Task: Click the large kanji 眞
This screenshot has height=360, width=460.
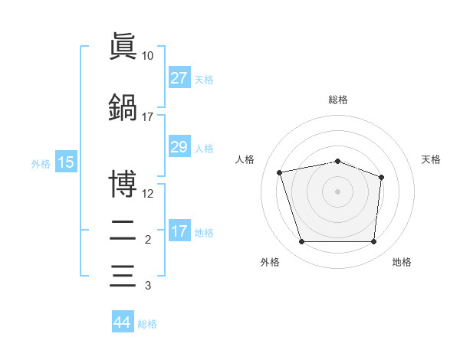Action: pos(123,46)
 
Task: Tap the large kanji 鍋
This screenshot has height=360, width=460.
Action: pos(123,107)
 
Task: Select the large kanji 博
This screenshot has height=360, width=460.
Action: pos(123,184)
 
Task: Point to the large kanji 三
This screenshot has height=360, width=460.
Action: pos(123,276)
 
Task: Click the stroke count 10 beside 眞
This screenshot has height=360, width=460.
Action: pos(147,56)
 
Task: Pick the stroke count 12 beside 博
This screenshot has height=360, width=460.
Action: pos(147,194)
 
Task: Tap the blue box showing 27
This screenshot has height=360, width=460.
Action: pos(179,77)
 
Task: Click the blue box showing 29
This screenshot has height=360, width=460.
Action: pos(179,146)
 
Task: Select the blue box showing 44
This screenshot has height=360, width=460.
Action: pos(123,321)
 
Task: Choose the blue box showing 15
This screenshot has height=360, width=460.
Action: pos(66,162)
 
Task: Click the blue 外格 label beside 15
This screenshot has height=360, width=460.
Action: pos(41,164)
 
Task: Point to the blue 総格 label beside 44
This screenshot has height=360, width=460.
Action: pos(147,324)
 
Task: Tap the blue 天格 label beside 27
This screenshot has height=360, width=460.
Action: pos(204,80)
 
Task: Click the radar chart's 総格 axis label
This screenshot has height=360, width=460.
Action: pos(338,100)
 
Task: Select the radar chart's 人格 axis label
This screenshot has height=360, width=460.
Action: pos(245,159)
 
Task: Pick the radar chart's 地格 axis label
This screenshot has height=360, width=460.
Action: pos(402,262)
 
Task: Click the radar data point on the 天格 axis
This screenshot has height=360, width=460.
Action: pos(381,178)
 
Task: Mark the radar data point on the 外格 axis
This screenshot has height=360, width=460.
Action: pos(302,241)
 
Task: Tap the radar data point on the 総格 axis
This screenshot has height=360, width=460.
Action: pos(337,162)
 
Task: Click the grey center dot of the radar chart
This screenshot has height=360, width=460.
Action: pos(337,191)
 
